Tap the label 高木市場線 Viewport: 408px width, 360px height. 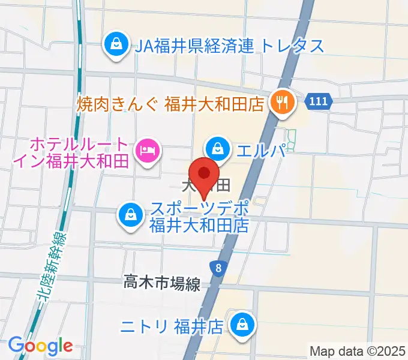click(x=161, y=282)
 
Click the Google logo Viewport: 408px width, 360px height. click(x=40, y=346)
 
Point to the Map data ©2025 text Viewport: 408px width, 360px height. click(x=356, y=350)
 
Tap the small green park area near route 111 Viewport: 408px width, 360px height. click(x=292, y=139)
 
